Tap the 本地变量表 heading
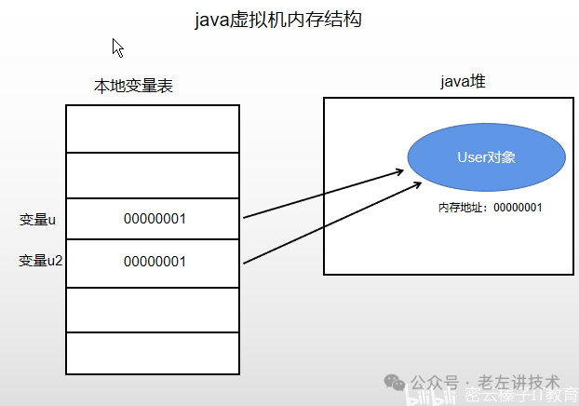tap(133, 87)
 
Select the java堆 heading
tap(462, 82)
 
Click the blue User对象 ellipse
tap(486, 157)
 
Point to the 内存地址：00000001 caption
tap(490, 207)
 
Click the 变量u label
tap(37, 220)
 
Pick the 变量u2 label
tap(40, 261)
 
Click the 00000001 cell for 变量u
tap(154, 220)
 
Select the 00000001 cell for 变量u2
tap(154, 262)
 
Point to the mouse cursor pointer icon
tap(117, 47)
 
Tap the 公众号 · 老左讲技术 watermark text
tap(485, 382)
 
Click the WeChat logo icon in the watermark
tap(396, 382)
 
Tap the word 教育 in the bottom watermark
tap(558, 397)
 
